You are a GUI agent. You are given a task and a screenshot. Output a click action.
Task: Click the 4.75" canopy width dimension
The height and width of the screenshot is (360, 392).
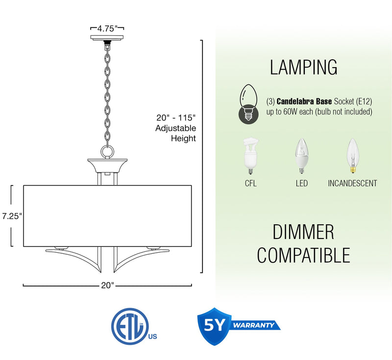107,28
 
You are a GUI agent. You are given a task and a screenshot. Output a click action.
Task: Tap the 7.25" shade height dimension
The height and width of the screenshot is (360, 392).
12,216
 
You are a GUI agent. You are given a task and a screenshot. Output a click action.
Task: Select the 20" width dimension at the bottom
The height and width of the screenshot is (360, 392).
107,285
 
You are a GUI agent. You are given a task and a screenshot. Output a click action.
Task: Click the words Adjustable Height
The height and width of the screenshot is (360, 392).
175,133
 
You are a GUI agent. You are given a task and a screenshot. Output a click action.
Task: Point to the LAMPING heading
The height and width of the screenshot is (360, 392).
303,67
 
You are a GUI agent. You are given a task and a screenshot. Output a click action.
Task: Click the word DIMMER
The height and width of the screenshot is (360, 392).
303,232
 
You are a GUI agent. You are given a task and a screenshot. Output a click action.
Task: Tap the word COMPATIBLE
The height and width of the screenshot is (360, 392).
303,255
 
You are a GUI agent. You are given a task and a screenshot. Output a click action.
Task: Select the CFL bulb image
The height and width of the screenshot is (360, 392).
251,156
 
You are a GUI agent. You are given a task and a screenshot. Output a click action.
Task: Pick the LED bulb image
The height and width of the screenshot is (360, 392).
302,156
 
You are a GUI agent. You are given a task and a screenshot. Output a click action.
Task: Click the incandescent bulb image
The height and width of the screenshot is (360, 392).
353,156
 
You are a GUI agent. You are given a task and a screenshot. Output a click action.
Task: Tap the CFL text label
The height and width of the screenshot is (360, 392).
251,183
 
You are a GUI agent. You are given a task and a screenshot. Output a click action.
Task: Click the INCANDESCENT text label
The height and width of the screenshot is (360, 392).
352,183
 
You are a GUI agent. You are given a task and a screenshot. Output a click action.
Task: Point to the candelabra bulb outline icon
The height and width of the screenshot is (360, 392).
248,104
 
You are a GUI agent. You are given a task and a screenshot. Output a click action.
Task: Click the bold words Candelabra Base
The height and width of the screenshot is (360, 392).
304,101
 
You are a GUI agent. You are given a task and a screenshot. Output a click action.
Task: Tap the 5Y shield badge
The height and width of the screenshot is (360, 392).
214,326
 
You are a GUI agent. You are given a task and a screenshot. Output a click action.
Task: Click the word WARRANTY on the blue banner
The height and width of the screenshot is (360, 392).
253,325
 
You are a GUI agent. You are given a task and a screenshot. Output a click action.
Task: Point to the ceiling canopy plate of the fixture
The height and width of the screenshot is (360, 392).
107,38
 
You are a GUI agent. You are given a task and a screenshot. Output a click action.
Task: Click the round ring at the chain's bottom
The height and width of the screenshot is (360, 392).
107,152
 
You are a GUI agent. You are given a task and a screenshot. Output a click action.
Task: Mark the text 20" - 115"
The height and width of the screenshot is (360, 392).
176,118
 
